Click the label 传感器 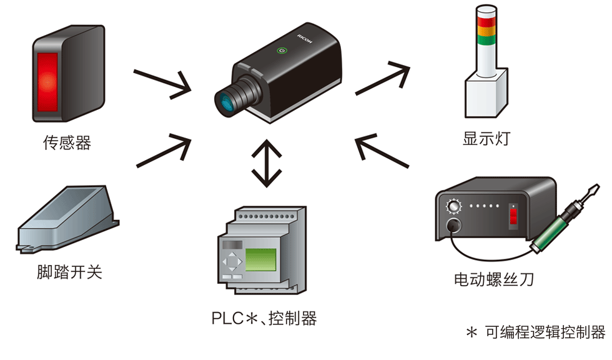click(67, 143)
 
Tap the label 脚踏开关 click(69, 272)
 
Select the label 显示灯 click(486, 138)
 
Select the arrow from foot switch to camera click(164, 150)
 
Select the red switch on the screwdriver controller click(513, 216)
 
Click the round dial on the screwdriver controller click(452, 206)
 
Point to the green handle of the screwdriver click(553, 226)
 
